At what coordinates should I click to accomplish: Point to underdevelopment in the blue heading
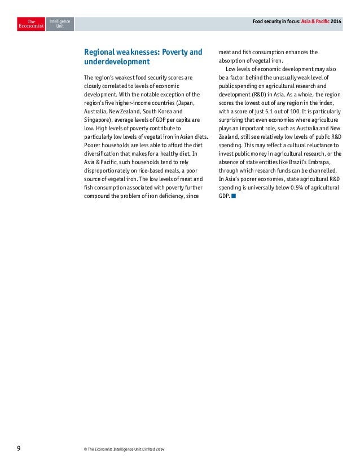117,62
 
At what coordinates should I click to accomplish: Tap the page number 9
19,448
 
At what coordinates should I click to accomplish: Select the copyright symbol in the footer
85,448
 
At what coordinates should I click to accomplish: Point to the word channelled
323,171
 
